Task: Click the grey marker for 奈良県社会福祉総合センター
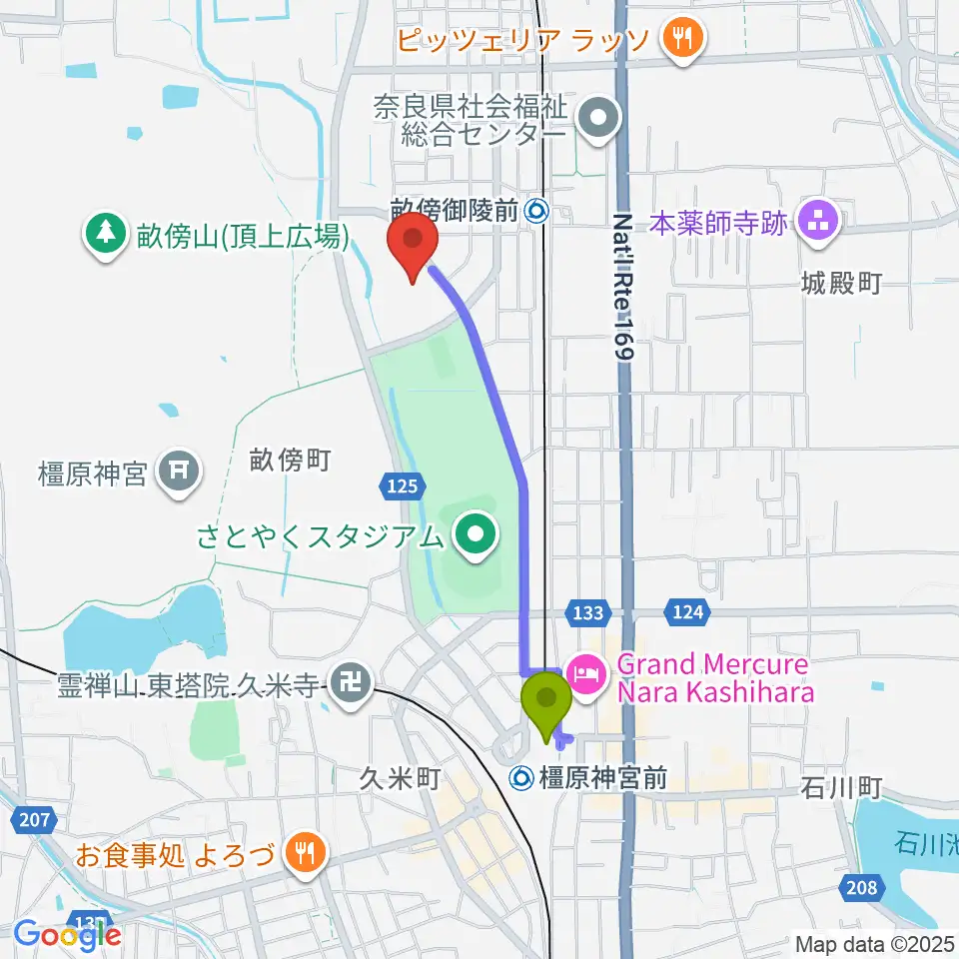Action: tap(598, 119)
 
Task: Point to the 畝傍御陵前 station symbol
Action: tap(537, 210)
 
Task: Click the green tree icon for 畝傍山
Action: tap(103, 236)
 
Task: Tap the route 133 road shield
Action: tap(586, 611)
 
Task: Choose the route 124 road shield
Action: tap(687, 611)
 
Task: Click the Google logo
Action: tap(67, 933)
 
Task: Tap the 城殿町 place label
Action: tap(841, 284)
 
